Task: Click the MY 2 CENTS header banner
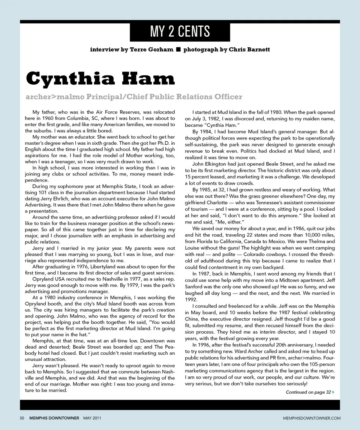click(x=180, y=32)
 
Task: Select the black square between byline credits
click(x=178, y=49)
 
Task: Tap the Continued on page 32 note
click(x=308, y=392)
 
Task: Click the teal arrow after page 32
click(x=333, y=392)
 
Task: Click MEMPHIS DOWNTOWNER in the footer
click(x=54, y=418)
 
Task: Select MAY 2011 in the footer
click(x=92, y=418)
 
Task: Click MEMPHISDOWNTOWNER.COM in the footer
click(x=312, y=418)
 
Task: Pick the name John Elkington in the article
click(x=210, y=164)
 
